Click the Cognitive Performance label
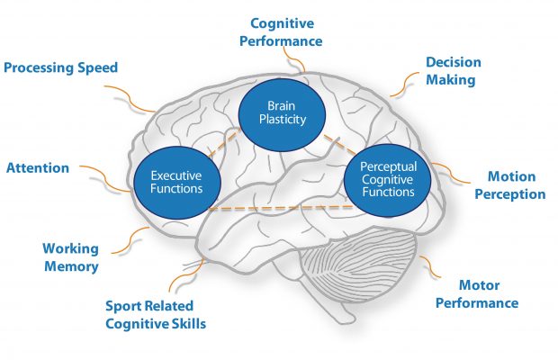tap(286, 31)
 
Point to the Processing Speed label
tap(60, 68)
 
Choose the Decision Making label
tap(454, 71)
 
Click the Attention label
tap(38, 167)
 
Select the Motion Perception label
tap(516, 184)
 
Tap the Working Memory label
tap(70, 256)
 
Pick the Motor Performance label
tap(477, 294)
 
